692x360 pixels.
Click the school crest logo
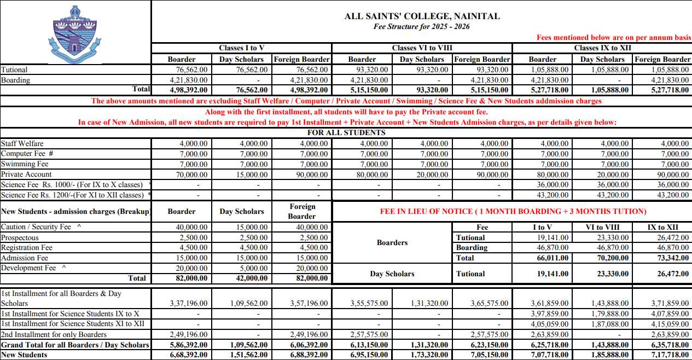pyautogui.click(x=76, y=34)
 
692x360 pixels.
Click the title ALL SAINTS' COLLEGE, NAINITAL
pyautogui.click(x=422, y=16)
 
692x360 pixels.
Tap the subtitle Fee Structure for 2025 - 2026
pyautogui.click(x=422, y=26)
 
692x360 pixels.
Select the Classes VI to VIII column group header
pyautogui.click(x=422, y=48)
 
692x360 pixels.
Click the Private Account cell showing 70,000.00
pyautogui.click(x=194, y=175)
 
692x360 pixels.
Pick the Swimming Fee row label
pyautogui.click(x=25, y=164)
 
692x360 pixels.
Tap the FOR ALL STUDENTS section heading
pyautogui.click(x=346, y=133)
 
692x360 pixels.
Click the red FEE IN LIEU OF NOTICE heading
pyautogui.click(x=513, y=211)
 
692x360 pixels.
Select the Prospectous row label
pyautogui.click(x=20, y=238)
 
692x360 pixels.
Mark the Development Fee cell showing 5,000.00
pyautogui.click(x=254, y=268)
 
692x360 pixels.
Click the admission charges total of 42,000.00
pyautogui.click(x=254, y=278)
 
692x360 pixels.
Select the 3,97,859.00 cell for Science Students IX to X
pyautogui.click(x=550, y=314)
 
